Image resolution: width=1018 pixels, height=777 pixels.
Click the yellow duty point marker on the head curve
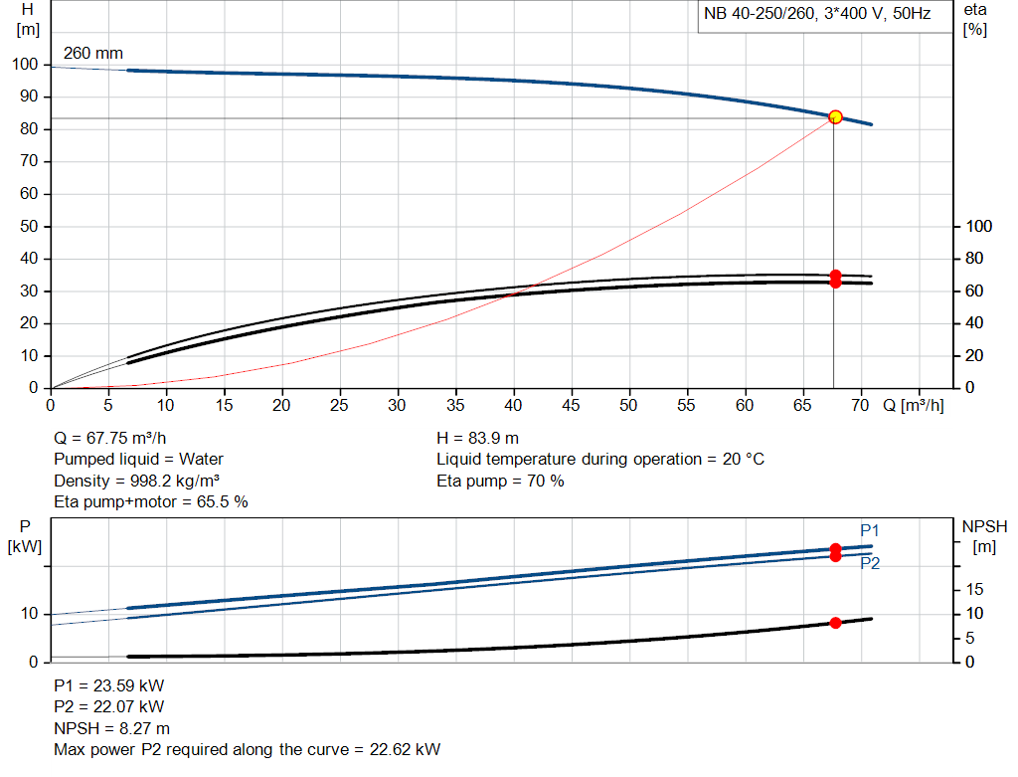(x=835, y=117)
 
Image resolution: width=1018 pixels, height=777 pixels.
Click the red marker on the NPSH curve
(x=835, y=623)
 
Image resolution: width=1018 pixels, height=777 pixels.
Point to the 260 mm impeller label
(x=93, y=53)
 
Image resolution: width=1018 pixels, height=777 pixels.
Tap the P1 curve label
(x=870, y=530)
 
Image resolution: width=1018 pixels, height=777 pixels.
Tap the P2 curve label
(x=870, y=563)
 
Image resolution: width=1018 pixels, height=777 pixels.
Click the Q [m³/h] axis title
(x=912, y=406)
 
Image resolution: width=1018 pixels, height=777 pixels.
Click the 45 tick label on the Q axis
(x=571, y=406)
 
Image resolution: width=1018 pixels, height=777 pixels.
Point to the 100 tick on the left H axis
(x=25, y=65)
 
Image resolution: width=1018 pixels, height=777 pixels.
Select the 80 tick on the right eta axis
(x=973, y=259)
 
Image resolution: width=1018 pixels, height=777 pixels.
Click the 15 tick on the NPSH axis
(x=974, y=590)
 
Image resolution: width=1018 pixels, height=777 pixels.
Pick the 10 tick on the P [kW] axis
(x=30, y=614)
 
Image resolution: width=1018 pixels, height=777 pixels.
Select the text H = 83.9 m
(x=477, y=438)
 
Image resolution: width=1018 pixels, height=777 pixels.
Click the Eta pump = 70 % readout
(x=500, y=481)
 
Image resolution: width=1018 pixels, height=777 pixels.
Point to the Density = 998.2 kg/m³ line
(x=136, y=481)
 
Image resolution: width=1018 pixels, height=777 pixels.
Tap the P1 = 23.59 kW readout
(x=109, y=685)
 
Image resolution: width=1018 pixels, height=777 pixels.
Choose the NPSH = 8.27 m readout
(x=111, y=728)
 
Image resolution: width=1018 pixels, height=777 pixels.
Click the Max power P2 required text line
(x=247, y=749)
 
